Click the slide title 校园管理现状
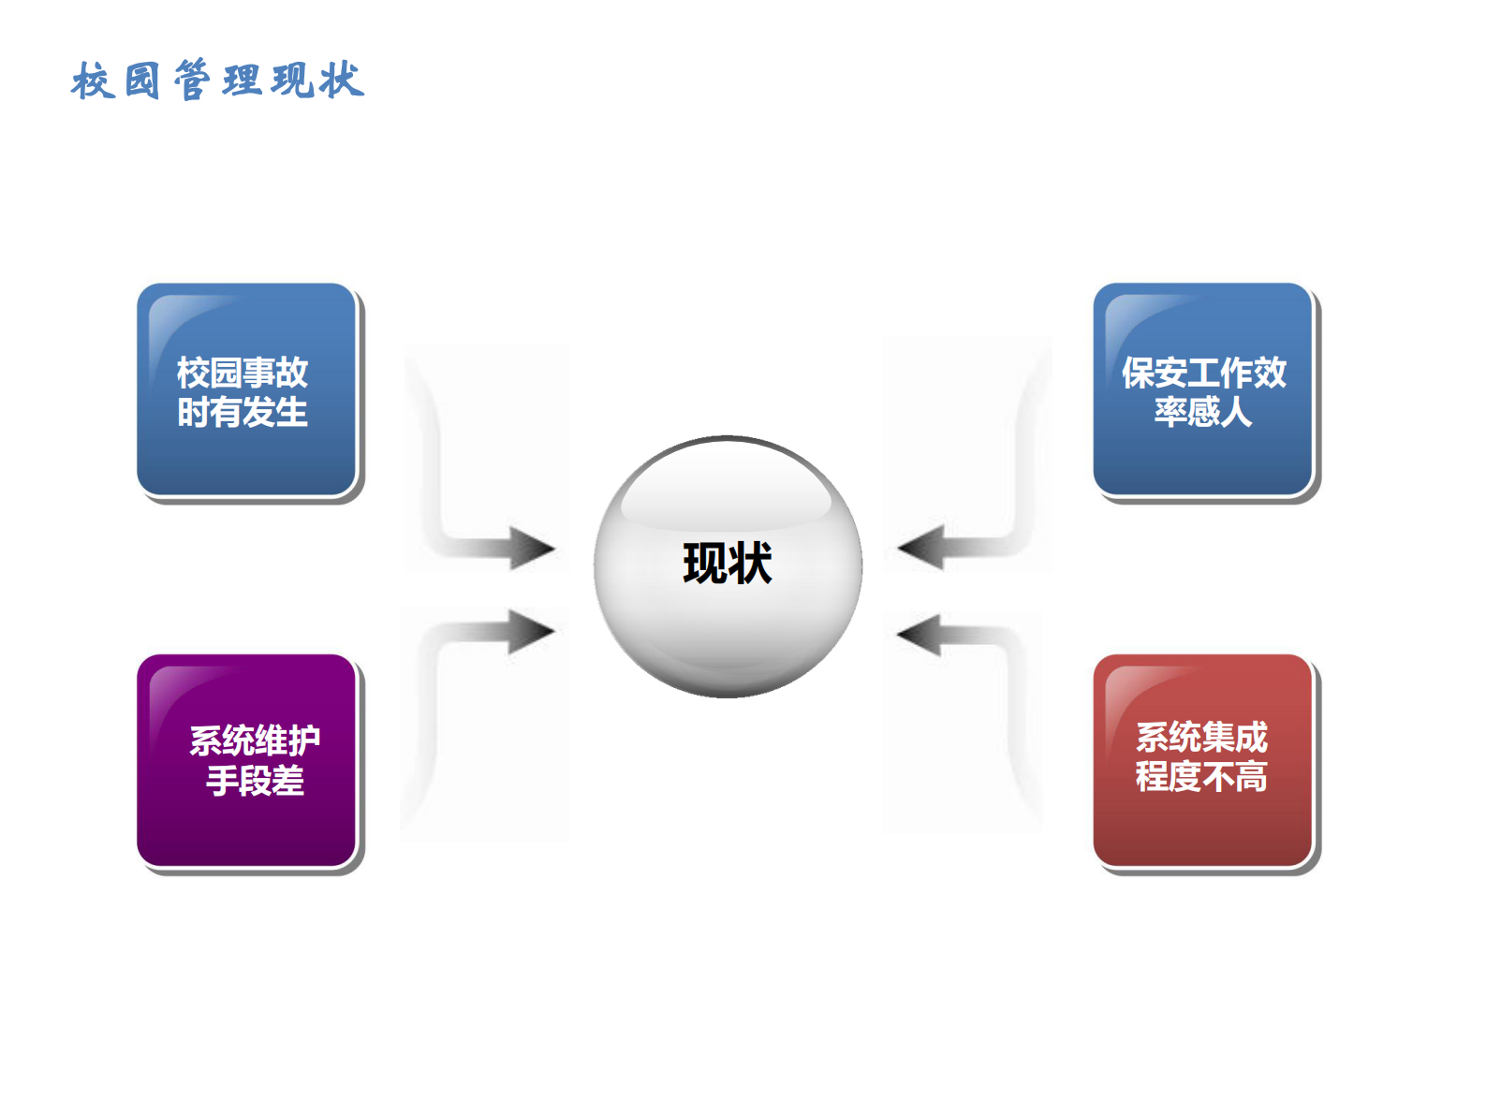[x=217, y=81]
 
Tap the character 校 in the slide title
[x=93, y=81]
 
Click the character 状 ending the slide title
[x=341, y=81]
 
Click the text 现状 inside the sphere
[x=728, y=564]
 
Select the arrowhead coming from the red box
[x=920, y=635]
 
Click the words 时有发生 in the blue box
[x=243, y=413]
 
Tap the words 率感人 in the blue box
[x=1203, y=412]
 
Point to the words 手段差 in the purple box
[x=255, y=781]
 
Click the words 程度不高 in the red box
[x=1201, y=777]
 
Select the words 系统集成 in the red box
[x=1201, y=738]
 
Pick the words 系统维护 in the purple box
[x=255, y=740]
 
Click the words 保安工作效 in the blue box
[x=1204, y=373]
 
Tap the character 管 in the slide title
[x=192, y=81]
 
